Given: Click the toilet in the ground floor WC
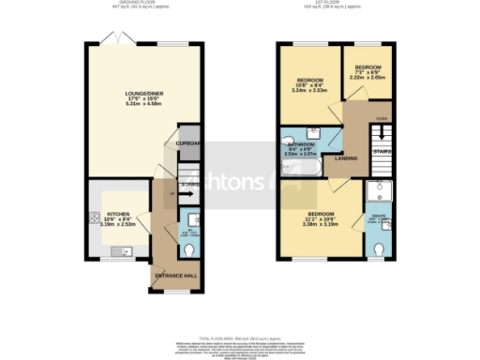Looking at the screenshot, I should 190,251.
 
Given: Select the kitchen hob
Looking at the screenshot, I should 94,219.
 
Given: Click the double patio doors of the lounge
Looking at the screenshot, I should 115,38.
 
